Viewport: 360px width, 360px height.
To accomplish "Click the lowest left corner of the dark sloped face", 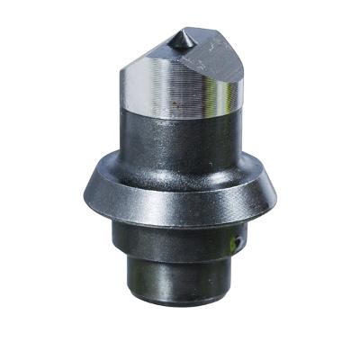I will point(119,79).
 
